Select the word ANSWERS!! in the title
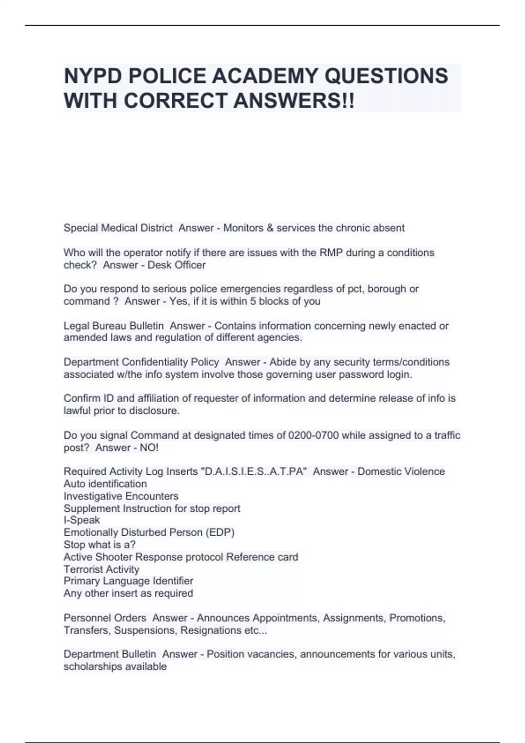[x=294, y=101]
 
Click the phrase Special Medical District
[x=118, y=228]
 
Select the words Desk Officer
[x=176, y=265]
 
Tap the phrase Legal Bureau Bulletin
[x=114, y=326]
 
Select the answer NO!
[x=149, y=448]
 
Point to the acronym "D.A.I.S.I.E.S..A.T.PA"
[x=253, y=472]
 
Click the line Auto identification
[x=105, y=484]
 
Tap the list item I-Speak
[x=82, y=520]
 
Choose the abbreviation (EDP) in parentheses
[x=220, y=532]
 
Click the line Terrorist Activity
[x=101, y=569]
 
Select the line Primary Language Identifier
[x=128, y=581]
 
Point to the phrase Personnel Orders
[x=105, y=618]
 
